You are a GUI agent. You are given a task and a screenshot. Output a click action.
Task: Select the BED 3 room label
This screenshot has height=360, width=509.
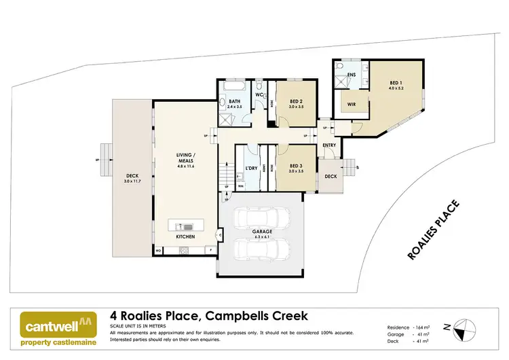point(295,166)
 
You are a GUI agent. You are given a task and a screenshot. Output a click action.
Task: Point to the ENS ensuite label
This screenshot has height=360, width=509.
point(352,74)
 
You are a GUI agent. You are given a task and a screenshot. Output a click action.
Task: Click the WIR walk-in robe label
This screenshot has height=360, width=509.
point(352,105)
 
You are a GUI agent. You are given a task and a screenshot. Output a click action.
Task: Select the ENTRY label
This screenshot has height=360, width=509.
point(329,145)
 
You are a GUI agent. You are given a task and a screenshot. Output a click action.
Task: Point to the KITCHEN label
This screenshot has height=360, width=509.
point(185,237)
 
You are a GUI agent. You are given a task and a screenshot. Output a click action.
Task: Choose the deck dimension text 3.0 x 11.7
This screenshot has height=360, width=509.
point(131,181)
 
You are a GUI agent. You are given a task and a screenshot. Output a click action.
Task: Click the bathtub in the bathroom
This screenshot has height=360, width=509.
point(233,89)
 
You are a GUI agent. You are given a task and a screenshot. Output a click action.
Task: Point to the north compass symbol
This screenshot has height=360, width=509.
point(464,329)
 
